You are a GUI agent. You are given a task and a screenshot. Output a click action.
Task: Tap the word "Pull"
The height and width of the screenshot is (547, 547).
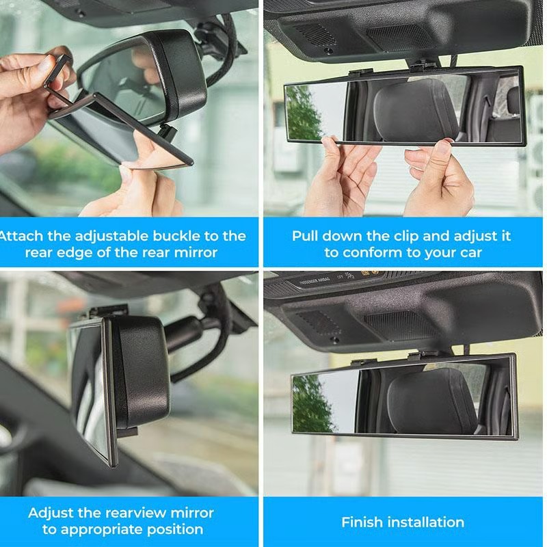307,236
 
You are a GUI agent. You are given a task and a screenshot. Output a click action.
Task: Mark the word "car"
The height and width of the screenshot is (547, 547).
469,252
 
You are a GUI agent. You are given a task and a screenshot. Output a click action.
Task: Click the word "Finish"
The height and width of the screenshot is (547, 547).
362,522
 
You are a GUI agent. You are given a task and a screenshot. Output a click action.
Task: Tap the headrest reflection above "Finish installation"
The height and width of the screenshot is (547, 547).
431,401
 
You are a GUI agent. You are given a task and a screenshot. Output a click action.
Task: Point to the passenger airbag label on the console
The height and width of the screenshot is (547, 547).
321,281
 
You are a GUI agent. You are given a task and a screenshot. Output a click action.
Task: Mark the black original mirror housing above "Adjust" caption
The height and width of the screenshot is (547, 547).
140,373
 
